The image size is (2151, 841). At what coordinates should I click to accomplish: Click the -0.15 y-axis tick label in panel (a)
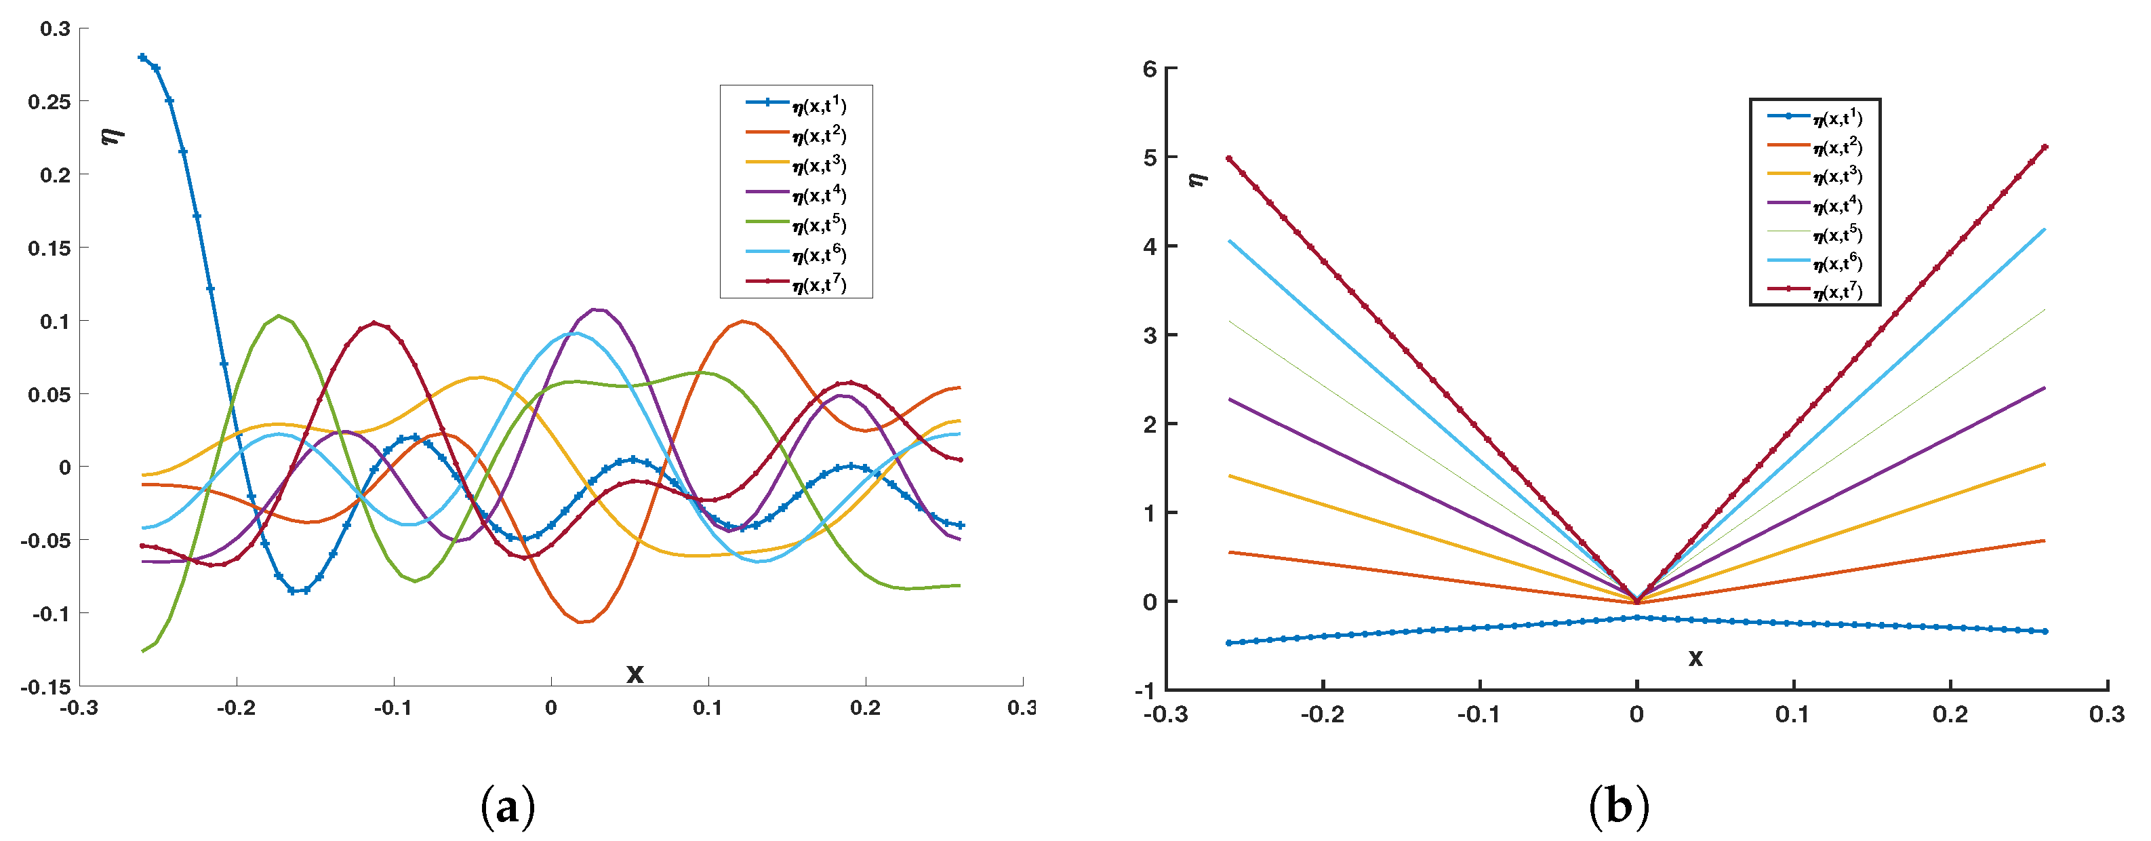47,687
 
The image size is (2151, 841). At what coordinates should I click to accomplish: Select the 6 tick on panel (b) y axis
1150,69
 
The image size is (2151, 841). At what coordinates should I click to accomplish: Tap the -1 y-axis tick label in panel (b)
1146,690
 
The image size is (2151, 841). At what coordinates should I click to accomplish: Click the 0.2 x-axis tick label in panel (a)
865,708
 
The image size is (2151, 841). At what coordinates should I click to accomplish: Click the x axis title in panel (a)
635,673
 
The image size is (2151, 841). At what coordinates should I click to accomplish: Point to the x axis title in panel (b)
1695,658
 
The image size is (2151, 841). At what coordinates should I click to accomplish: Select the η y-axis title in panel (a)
112,134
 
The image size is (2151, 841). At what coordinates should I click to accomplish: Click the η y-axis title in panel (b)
1197,179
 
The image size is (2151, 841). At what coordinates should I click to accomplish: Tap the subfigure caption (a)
508,808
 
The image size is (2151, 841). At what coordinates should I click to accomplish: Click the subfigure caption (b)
1618,808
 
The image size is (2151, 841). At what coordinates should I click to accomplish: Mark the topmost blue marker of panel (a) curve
143,58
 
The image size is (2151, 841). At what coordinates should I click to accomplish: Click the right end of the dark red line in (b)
2044,148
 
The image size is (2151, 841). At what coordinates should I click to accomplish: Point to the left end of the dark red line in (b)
1228,159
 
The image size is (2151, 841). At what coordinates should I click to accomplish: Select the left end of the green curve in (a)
144,650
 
